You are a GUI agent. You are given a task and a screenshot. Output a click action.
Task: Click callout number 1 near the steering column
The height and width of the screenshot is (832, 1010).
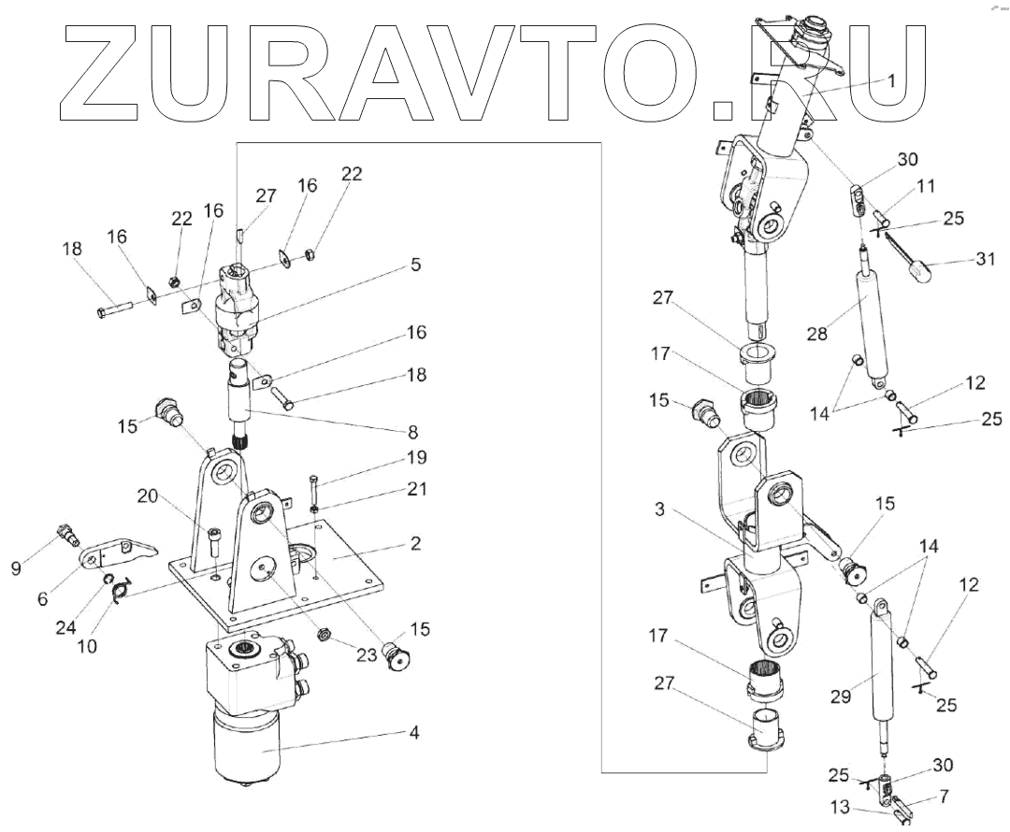(x=891, y=80)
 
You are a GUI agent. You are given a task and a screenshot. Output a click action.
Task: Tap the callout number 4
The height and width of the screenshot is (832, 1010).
(x=412, y=734)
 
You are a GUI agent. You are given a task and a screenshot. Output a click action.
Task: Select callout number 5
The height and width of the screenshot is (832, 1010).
(x=414, y=265)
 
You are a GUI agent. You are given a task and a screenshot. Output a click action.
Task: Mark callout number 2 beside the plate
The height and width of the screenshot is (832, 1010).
(x=415, y=543)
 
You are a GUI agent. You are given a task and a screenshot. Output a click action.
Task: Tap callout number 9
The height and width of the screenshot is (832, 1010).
(x=17, y=567)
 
